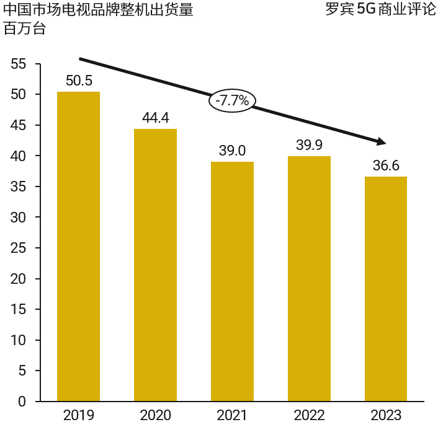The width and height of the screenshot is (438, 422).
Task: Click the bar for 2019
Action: coord(78,247)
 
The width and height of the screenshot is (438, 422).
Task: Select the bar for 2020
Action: coord(155,265)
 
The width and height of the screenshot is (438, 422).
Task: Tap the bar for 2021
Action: coord(232,281)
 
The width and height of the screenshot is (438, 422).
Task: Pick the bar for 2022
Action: coord(309,279)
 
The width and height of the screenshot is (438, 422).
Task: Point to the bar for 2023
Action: coord(386,289)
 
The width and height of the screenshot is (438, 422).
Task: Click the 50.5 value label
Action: coord(78,81)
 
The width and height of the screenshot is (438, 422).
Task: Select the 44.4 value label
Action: coord(155,118)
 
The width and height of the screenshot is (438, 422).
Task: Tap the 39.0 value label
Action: coord(232,151)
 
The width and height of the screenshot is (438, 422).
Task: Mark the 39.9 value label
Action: coord(309,146)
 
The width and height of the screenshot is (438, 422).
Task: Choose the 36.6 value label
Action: coord(386,166)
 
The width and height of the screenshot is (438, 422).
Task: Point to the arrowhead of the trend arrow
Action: coord(381,142)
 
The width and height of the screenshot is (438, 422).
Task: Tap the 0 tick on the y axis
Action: coord(22,402)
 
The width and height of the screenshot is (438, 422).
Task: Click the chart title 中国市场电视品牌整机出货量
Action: coord(98,11)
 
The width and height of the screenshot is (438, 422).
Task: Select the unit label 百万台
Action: coord(25,29)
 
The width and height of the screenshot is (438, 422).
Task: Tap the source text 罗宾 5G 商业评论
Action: coord(380,11)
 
